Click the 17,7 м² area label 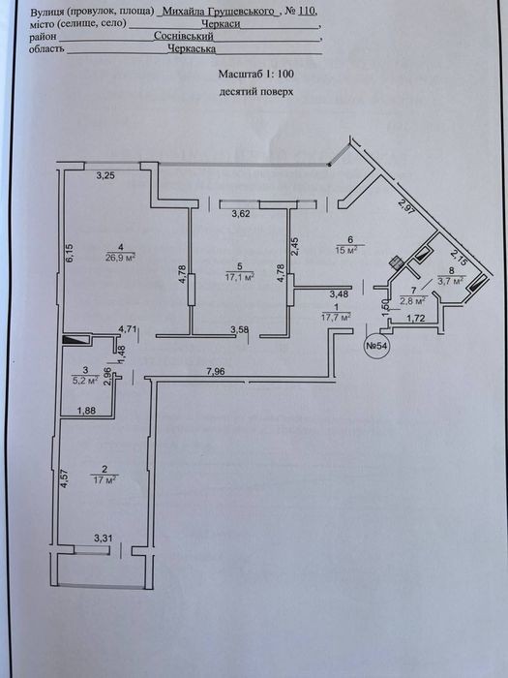pyautogui.click(x=336, y=318)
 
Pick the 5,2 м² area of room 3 pyautogui.click(x=85, y=380)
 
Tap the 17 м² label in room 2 pyautogui.click(x=105, y=479)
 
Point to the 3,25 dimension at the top pyautogui.click(x=105, y=175)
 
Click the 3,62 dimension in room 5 pyautogui.click(x=241, y=213)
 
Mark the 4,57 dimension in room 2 pyautogui.click(x=65, y=479)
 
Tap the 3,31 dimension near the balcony pyautogui.click(x=104, y=539)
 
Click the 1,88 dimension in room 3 pyautogui.click(x=87, y=412)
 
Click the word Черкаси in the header pyautogui.click(x=221, y=24)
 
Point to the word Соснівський pyautogui.click(x=184, y=37)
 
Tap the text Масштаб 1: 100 pyautogui.click(x=256, y=74)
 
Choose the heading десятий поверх pyautogui.click(x=256, y=92)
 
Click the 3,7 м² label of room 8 pyautogui.click(x=450, y=280)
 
